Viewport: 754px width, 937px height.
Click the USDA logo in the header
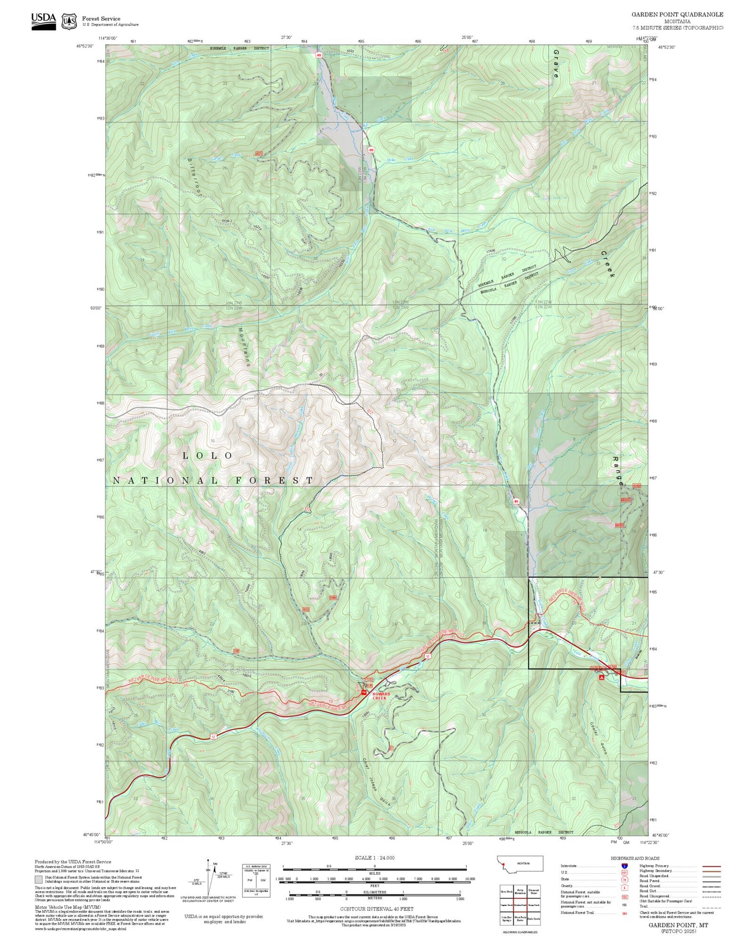pyautogui.click(x=43, y=20)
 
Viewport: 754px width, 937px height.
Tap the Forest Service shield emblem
pyautogui.click(x=68, y=21)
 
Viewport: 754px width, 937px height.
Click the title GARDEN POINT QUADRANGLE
pyautogui.click(x=677, y=15)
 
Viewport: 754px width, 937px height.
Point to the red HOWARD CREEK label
pyautogui.click(x=381, y=696)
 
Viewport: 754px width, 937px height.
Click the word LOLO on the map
pyautogui.click(x=207, y=456)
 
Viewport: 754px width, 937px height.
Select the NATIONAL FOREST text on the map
pyautogui.click(x=213, y=481)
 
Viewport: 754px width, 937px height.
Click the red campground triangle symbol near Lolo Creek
pyautogui.click(x=602, y=677)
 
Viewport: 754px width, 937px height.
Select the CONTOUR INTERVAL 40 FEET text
pyautogui.click(x=374, y=909)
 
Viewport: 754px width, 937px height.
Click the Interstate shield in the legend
pyautogui.click(x=624, y=866)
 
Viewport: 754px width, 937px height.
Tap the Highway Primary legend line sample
pyautogui.click(x=712, y=866)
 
